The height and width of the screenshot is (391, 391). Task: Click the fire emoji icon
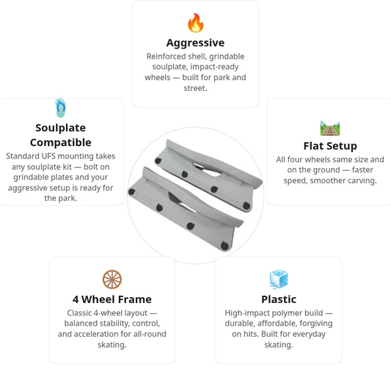[195, 23]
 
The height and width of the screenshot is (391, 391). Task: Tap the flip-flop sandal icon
[61, 108]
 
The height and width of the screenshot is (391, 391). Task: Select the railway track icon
[330, 128]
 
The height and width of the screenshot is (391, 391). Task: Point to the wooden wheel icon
[112, 279]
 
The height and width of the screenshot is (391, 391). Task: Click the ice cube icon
[279, 279]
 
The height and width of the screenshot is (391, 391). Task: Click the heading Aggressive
[195, 43]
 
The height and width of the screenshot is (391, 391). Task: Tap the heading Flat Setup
[330, 146]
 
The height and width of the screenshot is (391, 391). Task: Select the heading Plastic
[279, 299]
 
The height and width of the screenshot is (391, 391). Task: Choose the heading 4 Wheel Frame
[112, 299]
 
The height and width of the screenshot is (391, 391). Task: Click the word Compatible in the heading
[61, 142]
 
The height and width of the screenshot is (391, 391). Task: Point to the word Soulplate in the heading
[61, 128]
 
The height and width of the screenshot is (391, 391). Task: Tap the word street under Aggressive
[194, 88]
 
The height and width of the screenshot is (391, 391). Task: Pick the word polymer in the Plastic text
[287, 313]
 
